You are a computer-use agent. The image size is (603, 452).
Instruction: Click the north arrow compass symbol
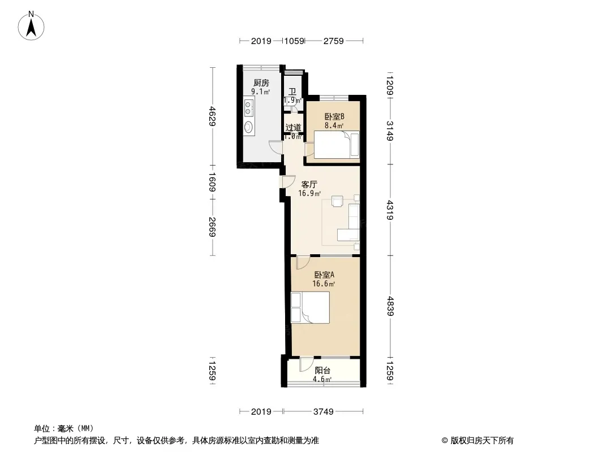31,26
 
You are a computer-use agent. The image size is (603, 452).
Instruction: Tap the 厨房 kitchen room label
261,82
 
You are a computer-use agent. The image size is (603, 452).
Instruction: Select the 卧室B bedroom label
334,116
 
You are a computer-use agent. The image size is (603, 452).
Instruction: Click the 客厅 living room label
309,185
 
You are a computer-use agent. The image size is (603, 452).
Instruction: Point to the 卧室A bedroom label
324,275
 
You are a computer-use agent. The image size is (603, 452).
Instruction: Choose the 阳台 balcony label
322,371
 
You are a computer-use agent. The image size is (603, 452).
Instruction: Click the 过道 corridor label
293,128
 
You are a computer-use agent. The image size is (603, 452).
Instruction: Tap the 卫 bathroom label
292,92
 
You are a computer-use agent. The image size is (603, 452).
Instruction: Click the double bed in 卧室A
310,307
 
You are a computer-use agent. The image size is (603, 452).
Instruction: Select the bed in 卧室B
337,145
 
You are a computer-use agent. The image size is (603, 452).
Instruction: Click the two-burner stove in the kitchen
249,107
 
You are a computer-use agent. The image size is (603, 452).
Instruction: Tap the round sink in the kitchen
249,127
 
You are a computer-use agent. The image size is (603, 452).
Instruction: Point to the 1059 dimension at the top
294,41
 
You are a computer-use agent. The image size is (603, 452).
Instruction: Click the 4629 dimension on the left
212,116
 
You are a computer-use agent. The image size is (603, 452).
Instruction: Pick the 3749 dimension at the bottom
323,412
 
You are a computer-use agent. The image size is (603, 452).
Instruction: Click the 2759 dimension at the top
333,41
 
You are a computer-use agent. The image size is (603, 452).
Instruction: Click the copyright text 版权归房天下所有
481,441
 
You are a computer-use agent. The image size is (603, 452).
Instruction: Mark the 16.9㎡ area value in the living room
309,194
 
